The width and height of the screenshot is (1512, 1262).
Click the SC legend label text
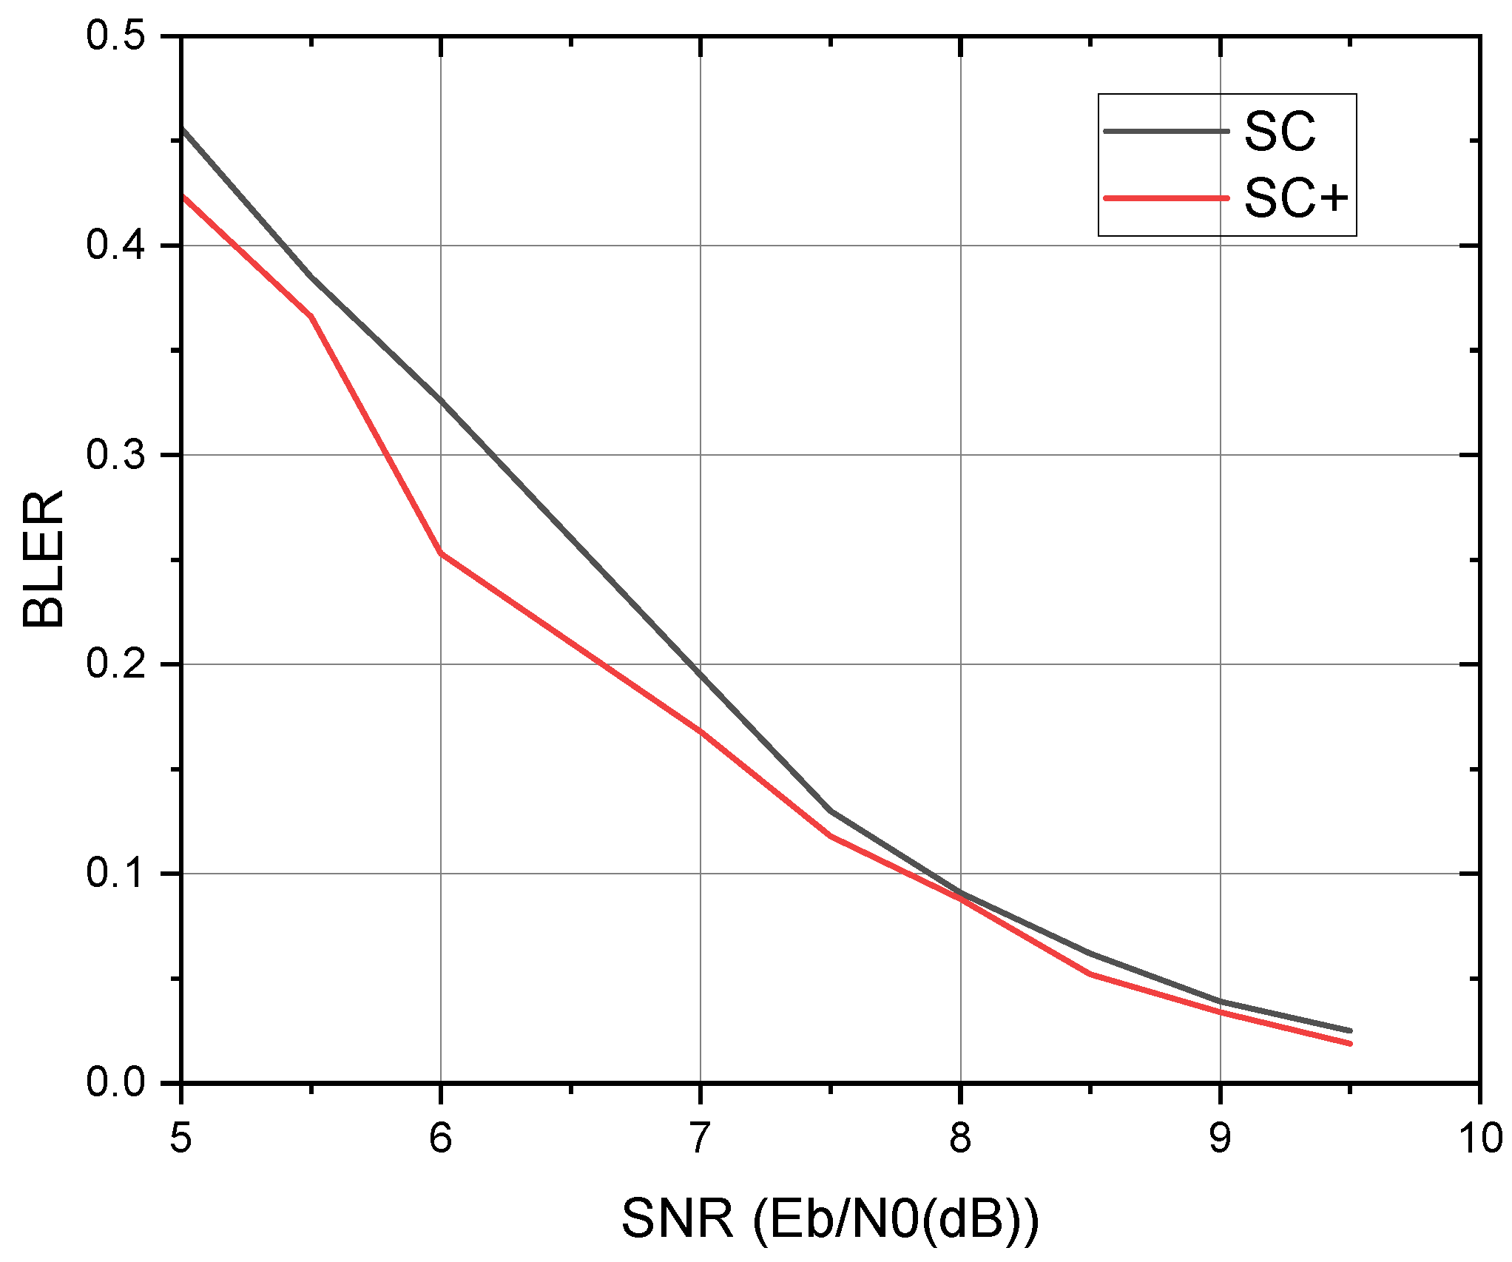tap(1280, 133)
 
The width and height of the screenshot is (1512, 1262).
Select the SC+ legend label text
tap(1296, 199)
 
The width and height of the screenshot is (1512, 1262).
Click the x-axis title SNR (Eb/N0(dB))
tap(830, 1219)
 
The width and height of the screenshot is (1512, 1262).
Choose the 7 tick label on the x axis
tap(701, 1138)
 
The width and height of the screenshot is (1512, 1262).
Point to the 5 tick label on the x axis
tap(180, 1138)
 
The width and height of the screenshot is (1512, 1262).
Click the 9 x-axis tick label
tap(1220, 1138)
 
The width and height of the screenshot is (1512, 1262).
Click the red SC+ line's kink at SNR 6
tap(441, 553)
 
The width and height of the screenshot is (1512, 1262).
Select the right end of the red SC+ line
tap(1350, 1044)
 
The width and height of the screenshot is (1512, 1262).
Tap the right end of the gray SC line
tap(1350, 1030)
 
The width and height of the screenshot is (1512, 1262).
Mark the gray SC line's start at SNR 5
tap(182, 129)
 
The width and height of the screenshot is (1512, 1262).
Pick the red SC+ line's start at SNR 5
tap(182, 195)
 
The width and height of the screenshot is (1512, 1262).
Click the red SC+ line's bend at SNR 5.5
tap(311, 317)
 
